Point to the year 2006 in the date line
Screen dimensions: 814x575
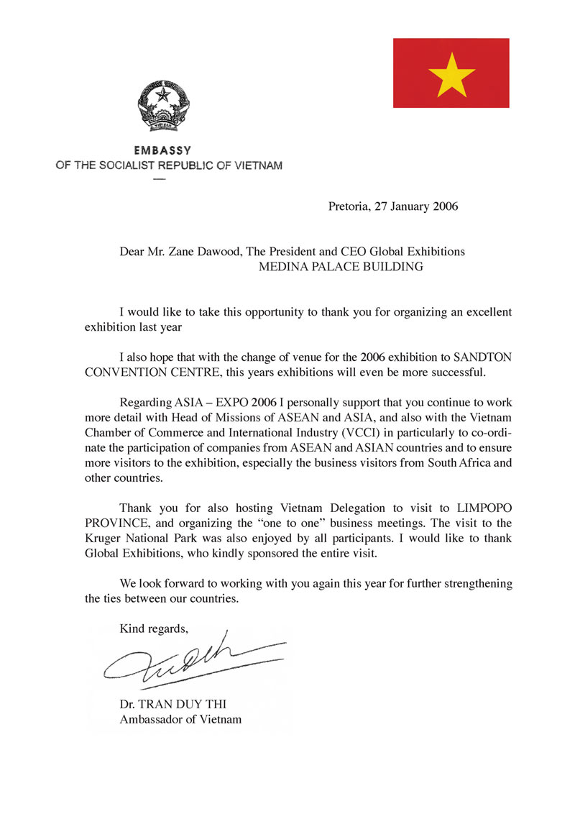(x=446, y=207)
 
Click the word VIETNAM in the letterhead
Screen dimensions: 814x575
(x=259, y=165)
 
